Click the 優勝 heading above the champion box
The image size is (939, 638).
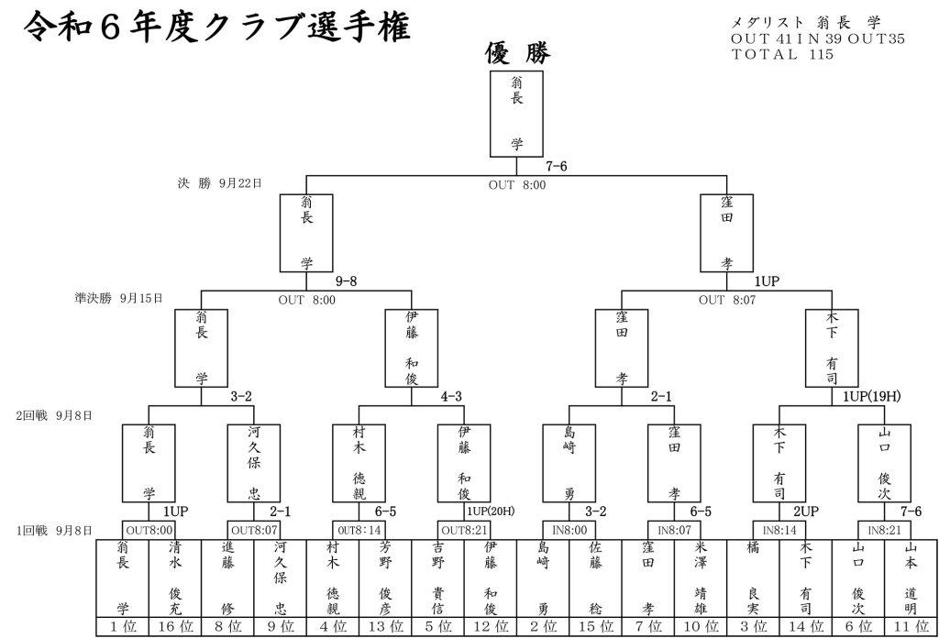coord(517,54)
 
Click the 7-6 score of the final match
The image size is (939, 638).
coord(557,167)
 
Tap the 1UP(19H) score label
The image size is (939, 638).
coord(872,396)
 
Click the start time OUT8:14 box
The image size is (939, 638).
coord(359,529)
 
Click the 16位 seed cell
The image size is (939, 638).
coord(174,628)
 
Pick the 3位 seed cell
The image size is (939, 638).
coord(751,628)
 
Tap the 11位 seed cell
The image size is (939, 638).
coord(909,628)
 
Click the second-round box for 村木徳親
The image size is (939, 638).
coord(359,462)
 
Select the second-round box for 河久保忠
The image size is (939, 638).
coord(254,462)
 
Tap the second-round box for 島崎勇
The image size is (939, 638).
coord(569,462)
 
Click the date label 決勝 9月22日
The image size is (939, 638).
coord(219,183)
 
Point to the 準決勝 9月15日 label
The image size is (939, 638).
coord(118,298)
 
